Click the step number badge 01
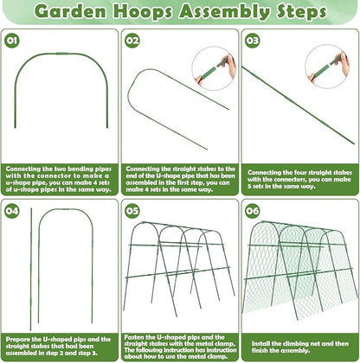tap(12, 41)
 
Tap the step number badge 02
tap(132, 41)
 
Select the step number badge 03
tap(252, 41)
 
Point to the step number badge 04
tap(12, 211)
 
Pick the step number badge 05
tap(132, 211)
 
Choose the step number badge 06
tap(252, 211)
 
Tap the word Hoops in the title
tap(143, 12)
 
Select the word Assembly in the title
tap(224, 12)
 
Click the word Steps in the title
tap(301, 12)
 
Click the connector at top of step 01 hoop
tap(61, 54)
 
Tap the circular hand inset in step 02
tap(214, 68)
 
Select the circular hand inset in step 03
tap(327, 67)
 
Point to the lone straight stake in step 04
tap(31, 269)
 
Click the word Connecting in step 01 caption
tap(23, 169)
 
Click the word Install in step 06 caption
tap(260, 344)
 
